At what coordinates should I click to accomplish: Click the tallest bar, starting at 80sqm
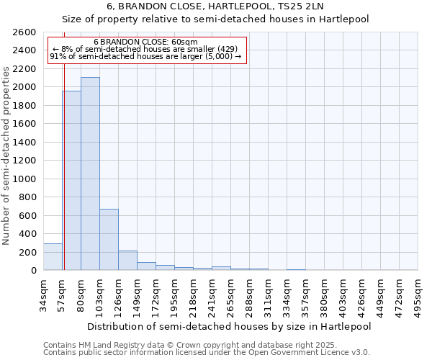point(90,174)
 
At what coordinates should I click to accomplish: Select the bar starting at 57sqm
point(71,180)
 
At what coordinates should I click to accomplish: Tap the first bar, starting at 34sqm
point(53,256)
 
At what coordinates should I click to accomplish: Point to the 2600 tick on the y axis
point(25,32)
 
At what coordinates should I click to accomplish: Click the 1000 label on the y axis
point(25,179)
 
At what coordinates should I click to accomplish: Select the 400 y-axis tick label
point(28,234)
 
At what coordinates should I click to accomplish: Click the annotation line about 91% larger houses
point(145,57)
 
